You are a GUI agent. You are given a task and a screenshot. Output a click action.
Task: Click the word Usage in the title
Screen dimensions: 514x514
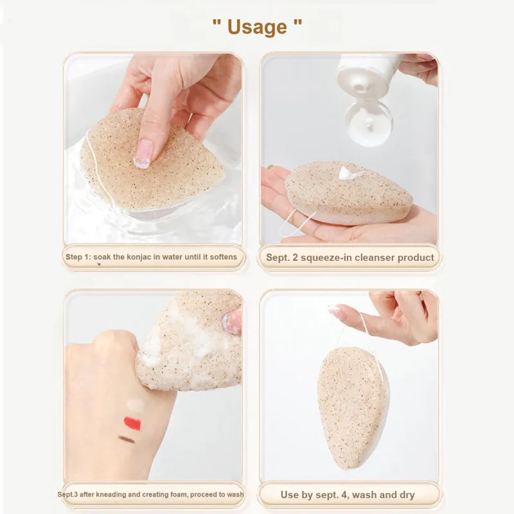click(x=257, y=27)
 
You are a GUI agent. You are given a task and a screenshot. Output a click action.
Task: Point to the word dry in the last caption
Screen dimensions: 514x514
click(x=407, y=495)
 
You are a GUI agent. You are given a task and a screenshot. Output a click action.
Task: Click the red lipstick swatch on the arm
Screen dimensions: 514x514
click(x=132, y=423)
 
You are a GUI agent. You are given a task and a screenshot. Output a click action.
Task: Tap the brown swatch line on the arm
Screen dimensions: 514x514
click(x=127, y=439)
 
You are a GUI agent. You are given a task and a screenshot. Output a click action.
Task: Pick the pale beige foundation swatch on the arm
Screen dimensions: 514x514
click(x=136, y=405)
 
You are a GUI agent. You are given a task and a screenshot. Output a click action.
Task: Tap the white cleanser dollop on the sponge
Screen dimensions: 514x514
click(x=348, y=173)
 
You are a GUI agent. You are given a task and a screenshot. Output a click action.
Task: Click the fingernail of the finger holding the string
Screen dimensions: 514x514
click(x=334, y=310)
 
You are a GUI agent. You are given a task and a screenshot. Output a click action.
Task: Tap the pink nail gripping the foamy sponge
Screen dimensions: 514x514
click(x=233, y=323)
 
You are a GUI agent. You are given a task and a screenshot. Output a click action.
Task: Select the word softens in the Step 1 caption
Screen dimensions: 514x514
click(x=223, y=256)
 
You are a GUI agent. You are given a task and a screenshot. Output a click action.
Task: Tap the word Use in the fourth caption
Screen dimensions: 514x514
click(x=290, y=495)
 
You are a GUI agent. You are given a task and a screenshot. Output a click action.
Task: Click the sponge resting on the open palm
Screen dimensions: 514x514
click(x=349, y=193)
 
